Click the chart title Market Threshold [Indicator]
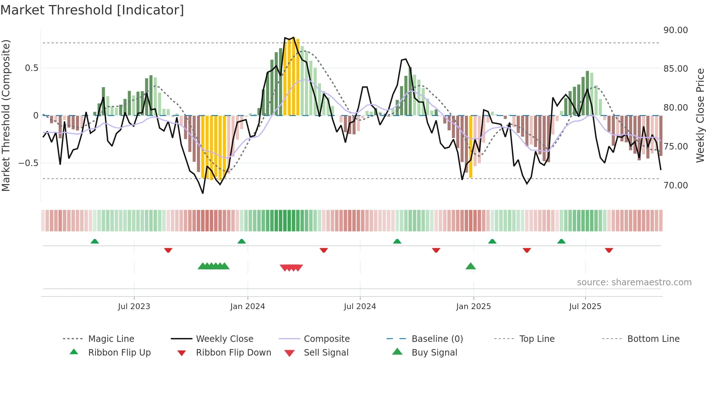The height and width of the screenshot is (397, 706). pyautogui.click(x=92, y=10)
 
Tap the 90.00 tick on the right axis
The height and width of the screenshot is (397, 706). pyautogui.click(x=675, y=30)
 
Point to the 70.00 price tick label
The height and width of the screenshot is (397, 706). pyautogui.click(x=675, y=186)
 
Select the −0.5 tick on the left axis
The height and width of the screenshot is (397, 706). pyautogui.click(x=28, y=163)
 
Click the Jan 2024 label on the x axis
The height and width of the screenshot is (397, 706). pyautogui.click(x=247, y=307)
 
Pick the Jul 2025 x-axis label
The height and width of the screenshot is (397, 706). pyautogui.click(x=585, y=307)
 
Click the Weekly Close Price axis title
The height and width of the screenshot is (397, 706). pyautogui.click(x=700, y=115)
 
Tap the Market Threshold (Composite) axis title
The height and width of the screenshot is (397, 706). pyautogui.click(x=6, y=115)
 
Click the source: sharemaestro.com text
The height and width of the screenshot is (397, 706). pyautogui.click(x=634, y=282)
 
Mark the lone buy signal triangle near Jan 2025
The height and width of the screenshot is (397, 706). pyautogui.click(x=470, y=266)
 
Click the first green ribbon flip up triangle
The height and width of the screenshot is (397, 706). pyautogui.click(x=95, y=241)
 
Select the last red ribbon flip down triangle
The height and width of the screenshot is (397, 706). pyautogui.click(x=609, y=250)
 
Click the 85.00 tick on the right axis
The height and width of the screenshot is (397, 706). pyautogui.click(x=675, y=69)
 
